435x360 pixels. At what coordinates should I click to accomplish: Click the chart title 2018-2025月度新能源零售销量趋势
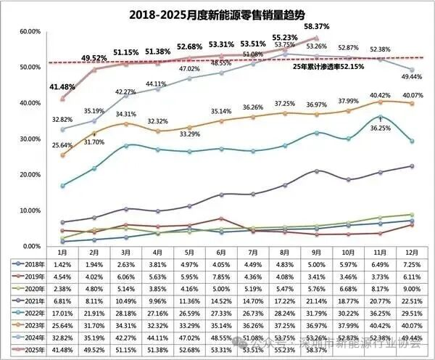point(218,15)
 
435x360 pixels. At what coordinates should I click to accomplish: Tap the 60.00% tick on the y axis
point(29,32)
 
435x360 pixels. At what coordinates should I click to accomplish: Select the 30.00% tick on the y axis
point(29,139)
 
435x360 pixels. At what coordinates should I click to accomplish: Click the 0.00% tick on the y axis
point(30,246)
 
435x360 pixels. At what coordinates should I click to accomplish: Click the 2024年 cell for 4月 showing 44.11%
point(157,338)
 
